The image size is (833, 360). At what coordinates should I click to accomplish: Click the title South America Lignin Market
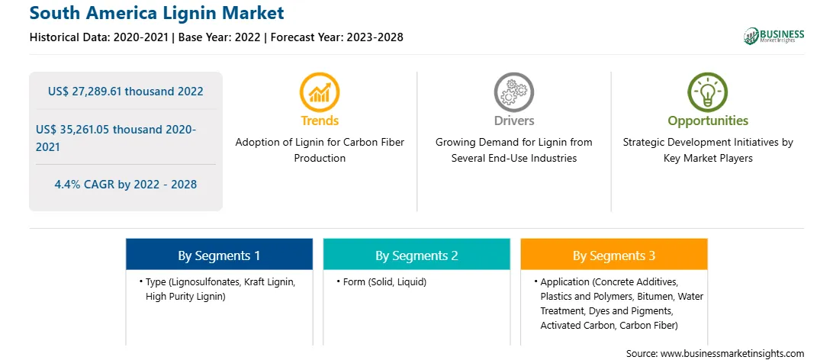[156, 12]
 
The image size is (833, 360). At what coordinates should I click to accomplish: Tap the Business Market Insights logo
[773, 36]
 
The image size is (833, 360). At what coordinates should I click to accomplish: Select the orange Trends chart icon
[320, 92]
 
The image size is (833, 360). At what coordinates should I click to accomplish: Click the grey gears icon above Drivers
[513, 92]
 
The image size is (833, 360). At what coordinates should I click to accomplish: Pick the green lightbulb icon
[708, 92]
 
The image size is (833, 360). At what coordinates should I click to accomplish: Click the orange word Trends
[320, 121]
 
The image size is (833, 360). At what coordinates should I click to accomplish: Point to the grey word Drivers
[513, 121]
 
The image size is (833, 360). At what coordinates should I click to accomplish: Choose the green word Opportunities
[708, 121]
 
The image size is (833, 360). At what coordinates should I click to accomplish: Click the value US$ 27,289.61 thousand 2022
[125, 92]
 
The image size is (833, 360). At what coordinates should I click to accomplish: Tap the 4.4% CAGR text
[125, 185]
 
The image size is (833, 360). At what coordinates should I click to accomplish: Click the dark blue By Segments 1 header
[219, 256]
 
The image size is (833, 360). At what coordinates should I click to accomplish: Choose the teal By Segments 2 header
[416, 256]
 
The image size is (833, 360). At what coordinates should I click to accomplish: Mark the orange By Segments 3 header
[613, 256]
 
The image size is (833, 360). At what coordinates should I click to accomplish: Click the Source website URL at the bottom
[732, 353]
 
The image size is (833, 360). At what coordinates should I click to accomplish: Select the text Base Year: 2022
[220, 37]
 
